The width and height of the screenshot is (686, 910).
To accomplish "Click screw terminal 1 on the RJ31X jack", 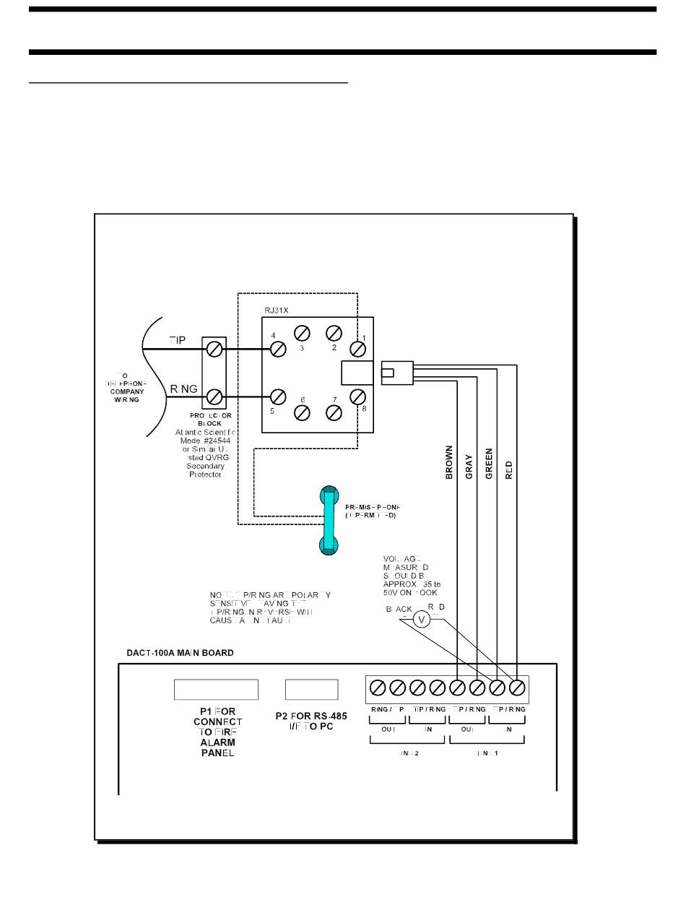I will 357,350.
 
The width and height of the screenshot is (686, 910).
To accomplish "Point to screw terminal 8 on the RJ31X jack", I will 357,396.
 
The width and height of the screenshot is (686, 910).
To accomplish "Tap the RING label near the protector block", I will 184,389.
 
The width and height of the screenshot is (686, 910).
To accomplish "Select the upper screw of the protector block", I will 214,350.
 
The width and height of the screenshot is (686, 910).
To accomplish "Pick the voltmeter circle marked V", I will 424,619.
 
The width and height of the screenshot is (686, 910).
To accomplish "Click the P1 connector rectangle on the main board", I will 216,690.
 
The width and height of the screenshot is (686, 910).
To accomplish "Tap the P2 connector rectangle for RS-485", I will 311,690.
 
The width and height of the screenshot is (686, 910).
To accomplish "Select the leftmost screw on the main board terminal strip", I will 377,688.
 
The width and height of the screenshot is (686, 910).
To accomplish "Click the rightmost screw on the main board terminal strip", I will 517,688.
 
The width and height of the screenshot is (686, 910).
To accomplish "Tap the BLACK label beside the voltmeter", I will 399,610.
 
